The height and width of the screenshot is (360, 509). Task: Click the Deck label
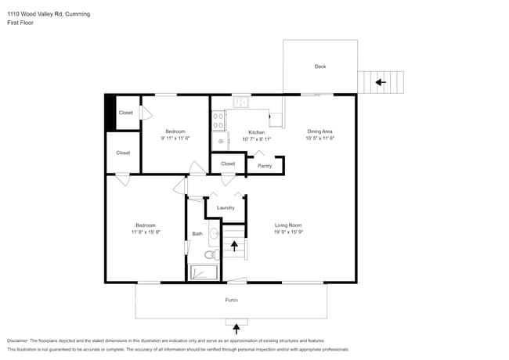pos(319,67)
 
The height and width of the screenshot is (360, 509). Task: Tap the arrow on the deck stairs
pos(381,81)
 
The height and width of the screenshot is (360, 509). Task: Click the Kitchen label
pos(256,132)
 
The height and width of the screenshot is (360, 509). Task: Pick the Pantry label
pos(265,166)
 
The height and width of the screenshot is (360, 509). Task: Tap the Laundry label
pos(226,207)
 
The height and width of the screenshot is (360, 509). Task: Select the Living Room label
pos(288,225)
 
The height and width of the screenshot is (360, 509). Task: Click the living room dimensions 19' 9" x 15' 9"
pos(288,232)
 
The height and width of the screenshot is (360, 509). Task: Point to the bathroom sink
pos(214,232)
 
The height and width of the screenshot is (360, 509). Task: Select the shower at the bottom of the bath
pos(205,272)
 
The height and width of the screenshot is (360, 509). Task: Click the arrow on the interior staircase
pos(234,246)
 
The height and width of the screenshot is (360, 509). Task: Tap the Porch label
pos(232,301)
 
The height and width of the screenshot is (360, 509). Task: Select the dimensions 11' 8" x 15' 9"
pos(145,232)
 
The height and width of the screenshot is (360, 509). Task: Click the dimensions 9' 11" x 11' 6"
pos(175,139)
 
